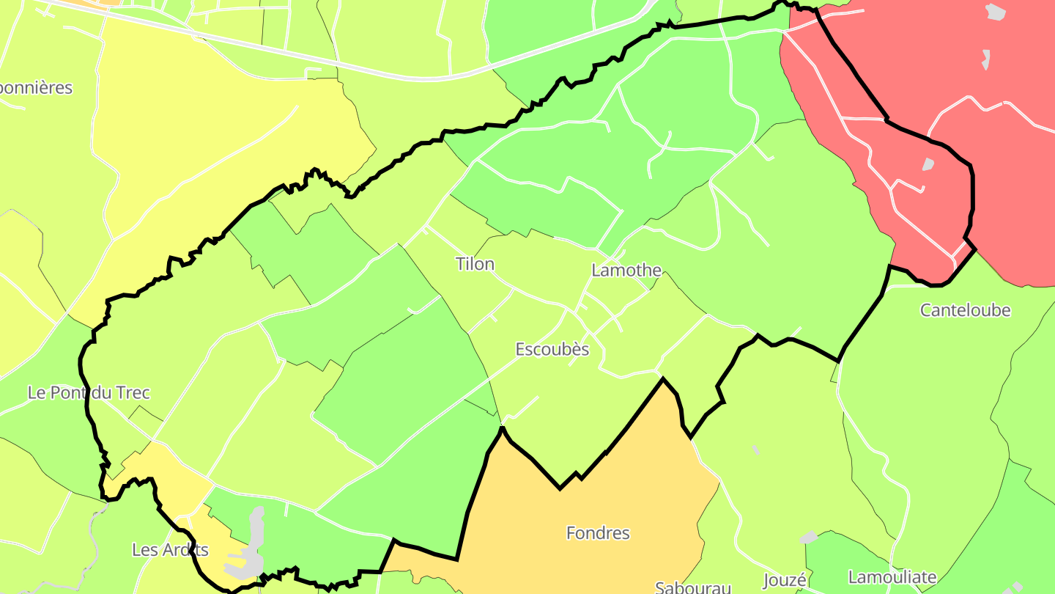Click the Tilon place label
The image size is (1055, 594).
click(x=475, y=264)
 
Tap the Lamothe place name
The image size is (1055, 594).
click(x=626, y=271)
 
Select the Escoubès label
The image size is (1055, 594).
click(x=552, y=350)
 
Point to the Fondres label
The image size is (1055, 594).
click(x=598, y=533)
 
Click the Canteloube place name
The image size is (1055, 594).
click(x=965, y=310)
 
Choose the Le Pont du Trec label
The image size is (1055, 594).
click(x=89, y=392)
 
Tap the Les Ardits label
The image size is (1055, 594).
click(x=170, y=550)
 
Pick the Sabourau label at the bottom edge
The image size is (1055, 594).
click(x=693, y=587)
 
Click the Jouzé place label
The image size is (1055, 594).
click(x=785, y=581)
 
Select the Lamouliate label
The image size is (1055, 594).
click(x=892, y=577)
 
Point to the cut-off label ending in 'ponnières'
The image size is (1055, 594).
click(x=36, y=88)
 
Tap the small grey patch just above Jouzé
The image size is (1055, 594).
click(x=808, y=538)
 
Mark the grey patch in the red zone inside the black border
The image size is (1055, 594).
click(x=928, y=164)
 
